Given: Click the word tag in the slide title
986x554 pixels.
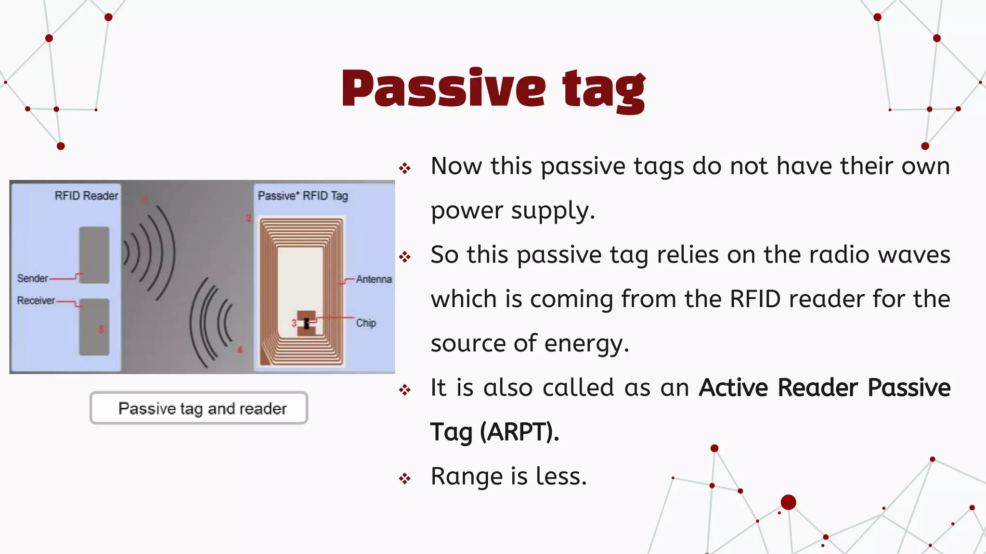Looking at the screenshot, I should (x=604, y=90).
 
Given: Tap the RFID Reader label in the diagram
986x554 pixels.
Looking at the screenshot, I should (x=86, y=196).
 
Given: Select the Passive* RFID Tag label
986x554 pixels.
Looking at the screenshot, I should (x=303, y=196).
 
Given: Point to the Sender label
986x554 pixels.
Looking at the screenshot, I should (x=32, y=278).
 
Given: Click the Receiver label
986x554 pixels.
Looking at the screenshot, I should (x=36, y=301).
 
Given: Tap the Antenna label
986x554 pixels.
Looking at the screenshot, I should (x=374, y=279).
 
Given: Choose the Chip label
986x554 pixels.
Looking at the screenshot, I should (x=366, y=323).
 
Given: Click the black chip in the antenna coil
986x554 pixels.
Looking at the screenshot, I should (x=307, y=324).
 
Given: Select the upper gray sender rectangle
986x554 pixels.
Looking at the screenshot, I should (x=94, y=254).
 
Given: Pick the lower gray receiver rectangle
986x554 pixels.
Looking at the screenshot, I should (x=94, y=327).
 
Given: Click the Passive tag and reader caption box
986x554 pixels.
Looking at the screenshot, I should (x=199, y=408).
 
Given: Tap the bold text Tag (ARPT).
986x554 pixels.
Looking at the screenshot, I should (x=494, y=431).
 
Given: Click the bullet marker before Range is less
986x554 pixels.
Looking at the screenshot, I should (x=405, y=478).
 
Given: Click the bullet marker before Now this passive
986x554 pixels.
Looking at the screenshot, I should (x=405, y=168).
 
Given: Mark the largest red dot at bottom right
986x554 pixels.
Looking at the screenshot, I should (x=788, y=503).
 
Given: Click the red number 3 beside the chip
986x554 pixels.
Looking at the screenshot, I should (x=294, y=323).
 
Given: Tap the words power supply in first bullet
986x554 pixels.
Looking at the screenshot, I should (x=512, y=211).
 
